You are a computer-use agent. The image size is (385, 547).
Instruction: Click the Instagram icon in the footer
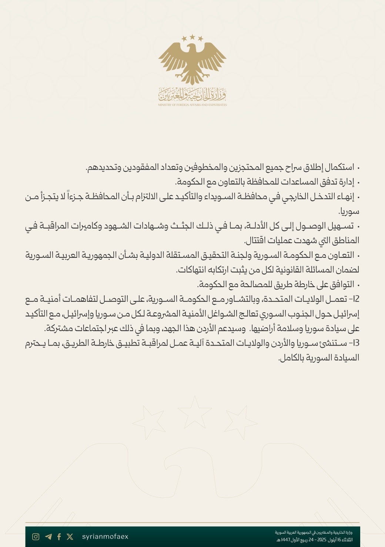pos(36,537)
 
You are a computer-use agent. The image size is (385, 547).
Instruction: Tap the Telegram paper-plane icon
pos(48,537)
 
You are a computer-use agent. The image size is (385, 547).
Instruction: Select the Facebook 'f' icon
pos(59,537)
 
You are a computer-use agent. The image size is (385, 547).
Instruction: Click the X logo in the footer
pos(70,537)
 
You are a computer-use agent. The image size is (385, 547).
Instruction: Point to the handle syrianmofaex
pos(105,537)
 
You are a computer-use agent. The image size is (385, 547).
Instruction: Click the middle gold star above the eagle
pos(192,37)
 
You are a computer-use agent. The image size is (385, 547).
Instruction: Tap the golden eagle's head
pos(191,50)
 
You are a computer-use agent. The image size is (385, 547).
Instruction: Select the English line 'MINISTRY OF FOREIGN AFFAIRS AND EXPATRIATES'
pos(192,105)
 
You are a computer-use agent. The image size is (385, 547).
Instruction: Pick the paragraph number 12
pos(355,299)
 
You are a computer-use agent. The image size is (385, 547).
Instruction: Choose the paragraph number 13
pos(355,343)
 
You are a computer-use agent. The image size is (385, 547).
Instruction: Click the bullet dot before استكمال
pos(358,168)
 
